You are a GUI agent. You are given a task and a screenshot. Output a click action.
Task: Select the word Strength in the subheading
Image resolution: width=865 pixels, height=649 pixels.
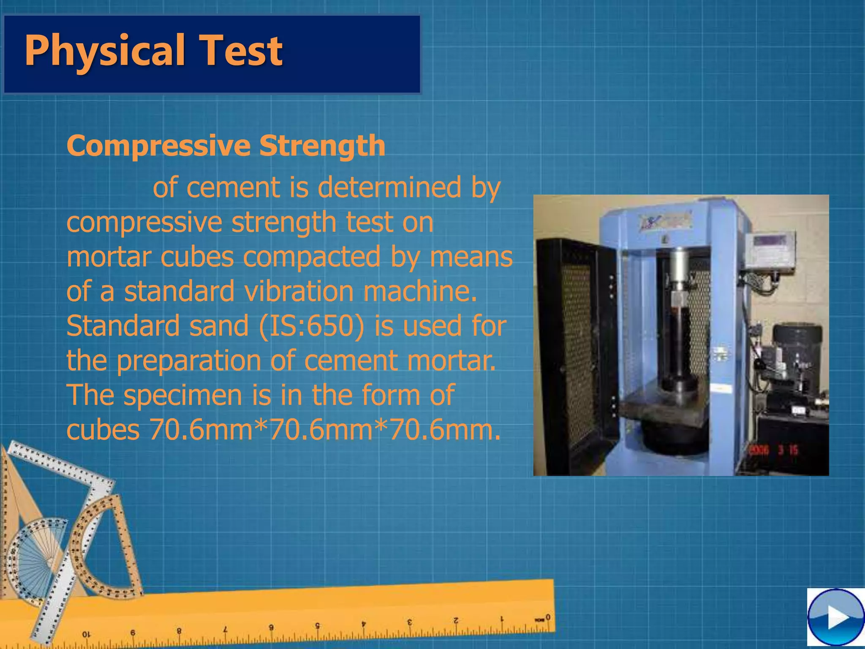322,146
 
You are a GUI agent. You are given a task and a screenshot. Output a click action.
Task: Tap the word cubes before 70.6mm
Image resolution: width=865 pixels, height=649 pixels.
103,430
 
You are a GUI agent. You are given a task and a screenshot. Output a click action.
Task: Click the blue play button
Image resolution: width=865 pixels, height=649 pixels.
835,617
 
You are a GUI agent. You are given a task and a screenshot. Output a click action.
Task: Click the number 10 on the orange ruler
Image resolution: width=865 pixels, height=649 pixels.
86,634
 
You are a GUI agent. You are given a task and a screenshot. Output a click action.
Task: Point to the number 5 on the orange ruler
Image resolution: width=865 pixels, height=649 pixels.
317,626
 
